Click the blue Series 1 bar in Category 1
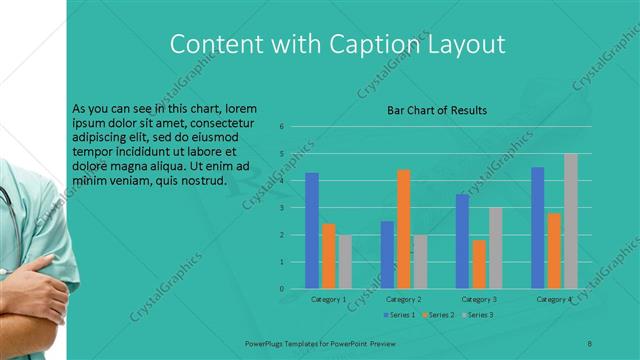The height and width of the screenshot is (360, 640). point(312,231)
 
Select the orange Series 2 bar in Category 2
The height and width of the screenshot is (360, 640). point(404,229)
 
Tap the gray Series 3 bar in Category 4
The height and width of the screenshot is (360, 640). point(571,221)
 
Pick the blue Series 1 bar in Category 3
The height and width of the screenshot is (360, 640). point(462,241)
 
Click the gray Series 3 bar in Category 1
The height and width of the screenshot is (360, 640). point(345,262)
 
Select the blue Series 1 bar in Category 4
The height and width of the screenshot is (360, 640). point(538,228)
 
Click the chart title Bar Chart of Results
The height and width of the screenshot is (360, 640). point(437,110)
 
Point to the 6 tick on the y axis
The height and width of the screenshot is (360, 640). point(282,126)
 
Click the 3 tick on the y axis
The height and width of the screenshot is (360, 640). point(282,208)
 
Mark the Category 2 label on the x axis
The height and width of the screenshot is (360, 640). point(404,299)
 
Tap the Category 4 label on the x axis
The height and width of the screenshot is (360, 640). point(554,299)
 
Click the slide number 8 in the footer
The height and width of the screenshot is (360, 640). point(590,343)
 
